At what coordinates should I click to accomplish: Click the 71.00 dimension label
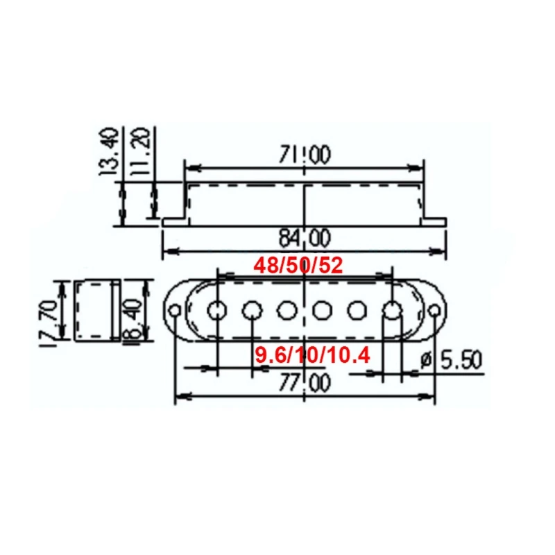pyautogui.click(x=305, y=154)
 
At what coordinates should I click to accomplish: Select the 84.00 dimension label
pyautogui.click(x=305, y=237)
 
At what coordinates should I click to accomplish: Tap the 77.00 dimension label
pyautogui.click(x=305, y=383)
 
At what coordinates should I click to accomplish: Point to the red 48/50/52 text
pyautogui.click(x=298, y=265)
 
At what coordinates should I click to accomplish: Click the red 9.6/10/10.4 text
pyautogui.click(x=312, y=355)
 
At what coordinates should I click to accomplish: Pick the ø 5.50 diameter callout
pyautogui.click(x=451, y=359)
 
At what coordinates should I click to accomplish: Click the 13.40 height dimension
pyautogui.click(x=110, y=152)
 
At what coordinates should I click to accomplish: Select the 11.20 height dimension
pyautogui.click(x=140, y=152)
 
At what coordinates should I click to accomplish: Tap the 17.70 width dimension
pyautogui.click(x=49, y=323)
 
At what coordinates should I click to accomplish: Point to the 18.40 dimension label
pyautogui.click(x=132, y=321)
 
